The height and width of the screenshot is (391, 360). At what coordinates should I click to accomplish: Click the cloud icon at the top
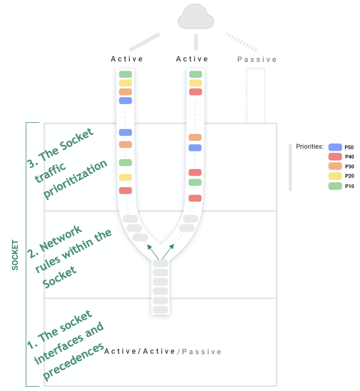tap(196, 18)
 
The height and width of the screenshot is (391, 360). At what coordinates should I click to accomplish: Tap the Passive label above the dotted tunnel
tap(257, 59)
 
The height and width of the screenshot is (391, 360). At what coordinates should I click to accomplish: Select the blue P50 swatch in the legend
tap(335, 147)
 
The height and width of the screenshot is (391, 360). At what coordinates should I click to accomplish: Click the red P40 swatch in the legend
tap(335, 156)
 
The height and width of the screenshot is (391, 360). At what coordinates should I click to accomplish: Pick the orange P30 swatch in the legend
tap(335, 166)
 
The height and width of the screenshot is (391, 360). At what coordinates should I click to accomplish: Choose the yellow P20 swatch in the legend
tap(335, 175)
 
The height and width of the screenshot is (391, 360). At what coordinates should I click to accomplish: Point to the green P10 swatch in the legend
tap(335, 186)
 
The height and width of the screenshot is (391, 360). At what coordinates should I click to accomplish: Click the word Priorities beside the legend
tap(310, 146)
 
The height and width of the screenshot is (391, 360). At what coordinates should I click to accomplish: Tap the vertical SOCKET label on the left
tap(15, 254)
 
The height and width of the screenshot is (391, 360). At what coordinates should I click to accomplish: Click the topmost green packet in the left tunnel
tap(125, 74)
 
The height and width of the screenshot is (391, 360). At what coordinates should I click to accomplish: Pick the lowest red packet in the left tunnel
tap(125, 190)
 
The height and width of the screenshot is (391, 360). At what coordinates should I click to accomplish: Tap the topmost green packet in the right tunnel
tap(196, 74)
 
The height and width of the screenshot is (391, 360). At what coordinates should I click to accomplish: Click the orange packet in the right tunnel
tap(195, 137)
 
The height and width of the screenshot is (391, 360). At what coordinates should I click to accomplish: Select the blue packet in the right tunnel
tap(195, 148)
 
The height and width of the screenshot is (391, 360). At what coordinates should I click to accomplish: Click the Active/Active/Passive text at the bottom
tap(163, 352)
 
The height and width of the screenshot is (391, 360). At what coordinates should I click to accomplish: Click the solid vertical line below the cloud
tap(196, 42)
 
